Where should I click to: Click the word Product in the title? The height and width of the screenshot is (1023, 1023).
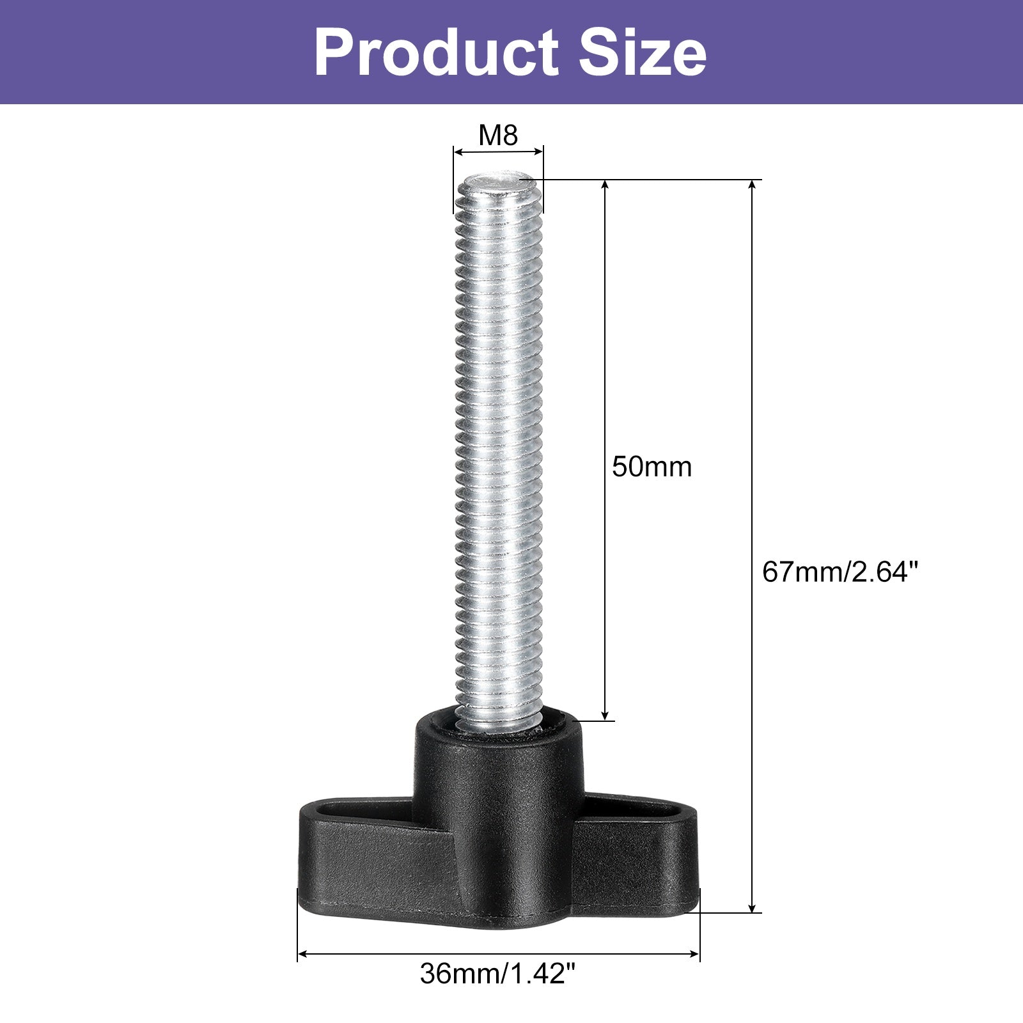[x=437, y=54]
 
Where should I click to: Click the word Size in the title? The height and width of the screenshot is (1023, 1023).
[x=643, y=54]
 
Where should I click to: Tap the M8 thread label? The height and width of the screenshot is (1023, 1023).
[x=498, y=135]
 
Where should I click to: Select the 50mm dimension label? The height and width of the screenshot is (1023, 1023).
[x=652, y=467]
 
